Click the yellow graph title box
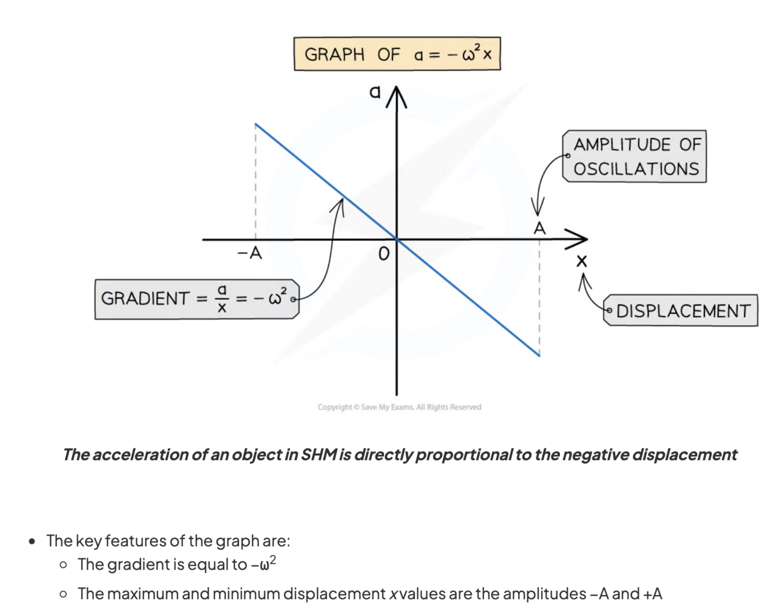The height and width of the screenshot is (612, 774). click(397, 54)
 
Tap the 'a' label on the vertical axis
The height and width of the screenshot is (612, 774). click(375, 92)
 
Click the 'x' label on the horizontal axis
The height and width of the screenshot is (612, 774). click(581, 261)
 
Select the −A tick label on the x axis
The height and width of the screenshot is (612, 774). click(249, 254)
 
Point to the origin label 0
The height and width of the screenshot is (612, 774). click(383, 254)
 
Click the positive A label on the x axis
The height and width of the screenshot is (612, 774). click(540, 229)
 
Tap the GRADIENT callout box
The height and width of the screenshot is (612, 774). click(196, 299)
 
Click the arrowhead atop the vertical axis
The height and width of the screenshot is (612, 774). click(396, 96)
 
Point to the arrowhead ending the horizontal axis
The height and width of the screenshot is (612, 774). click(578, 238)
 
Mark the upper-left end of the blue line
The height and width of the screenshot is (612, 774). click(256, 124)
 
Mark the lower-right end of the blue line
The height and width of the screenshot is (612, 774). click(539, 355)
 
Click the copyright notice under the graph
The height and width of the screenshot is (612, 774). click(399, 407)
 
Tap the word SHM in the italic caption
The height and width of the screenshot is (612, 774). click(319, 454)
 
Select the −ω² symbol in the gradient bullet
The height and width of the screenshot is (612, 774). click(264, 563)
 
